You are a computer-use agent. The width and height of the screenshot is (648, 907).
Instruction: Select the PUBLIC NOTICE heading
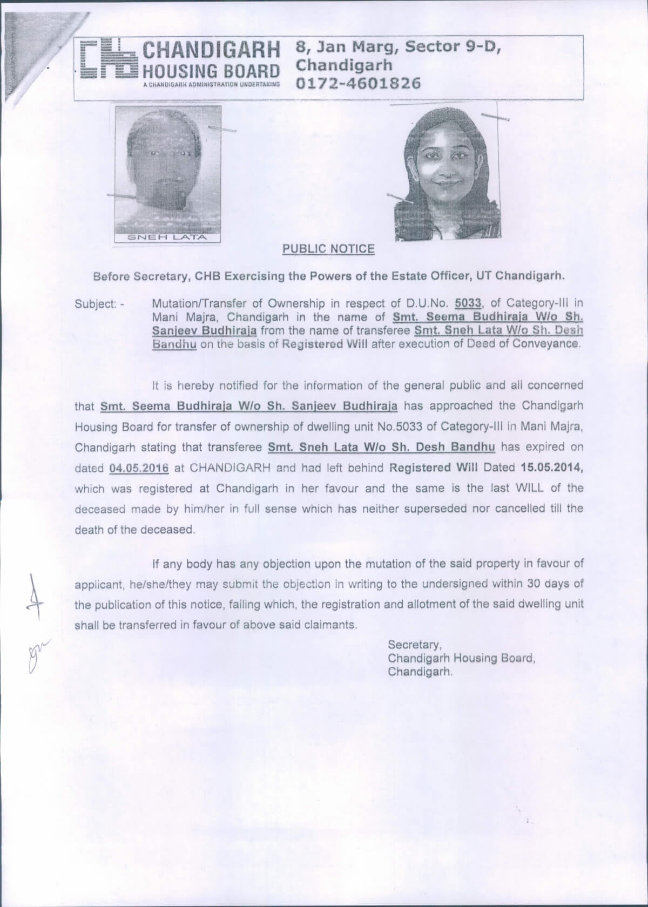point(328,249)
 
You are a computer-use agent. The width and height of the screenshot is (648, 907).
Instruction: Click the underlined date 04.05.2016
point(140,468)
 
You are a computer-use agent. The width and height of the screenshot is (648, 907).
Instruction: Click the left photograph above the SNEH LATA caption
point(167,169)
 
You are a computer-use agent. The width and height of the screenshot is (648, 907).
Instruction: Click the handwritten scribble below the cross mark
point(32,653)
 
